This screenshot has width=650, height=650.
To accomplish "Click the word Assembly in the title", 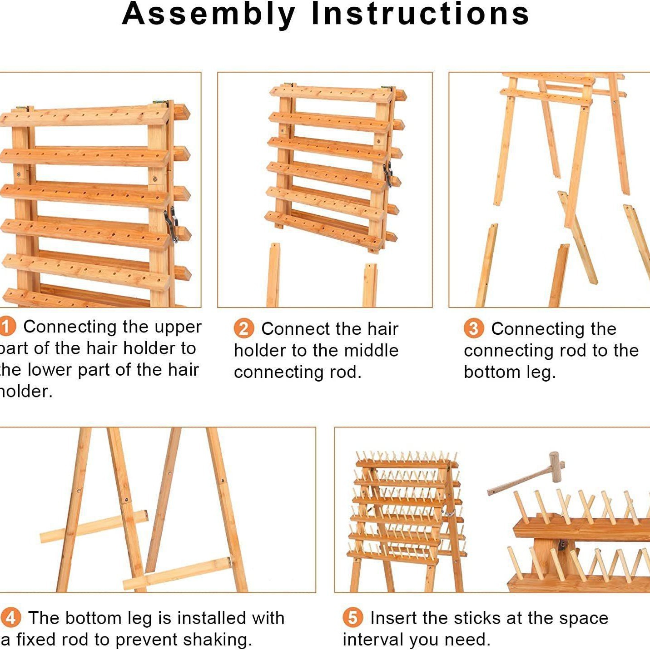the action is pyautogui.click(x=208, y=14).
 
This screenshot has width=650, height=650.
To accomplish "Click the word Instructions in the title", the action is pyautogui.click(x=420, y=14).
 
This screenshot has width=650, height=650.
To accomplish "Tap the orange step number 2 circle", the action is pyautogui.click(x=243, y=328).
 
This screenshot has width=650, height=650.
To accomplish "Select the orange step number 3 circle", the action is pyautogui.click(x=473, y=328).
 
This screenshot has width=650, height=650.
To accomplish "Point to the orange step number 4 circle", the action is pyautogui.click(x=10, y=618).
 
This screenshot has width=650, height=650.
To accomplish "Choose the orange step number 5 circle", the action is pyautogui.click(x=352, y=618).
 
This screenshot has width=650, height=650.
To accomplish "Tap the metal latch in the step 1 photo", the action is pyautogui.click(x=171, y=223).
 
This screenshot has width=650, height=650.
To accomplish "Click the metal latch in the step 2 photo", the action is pyautogui.click(x=387, y=174).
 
